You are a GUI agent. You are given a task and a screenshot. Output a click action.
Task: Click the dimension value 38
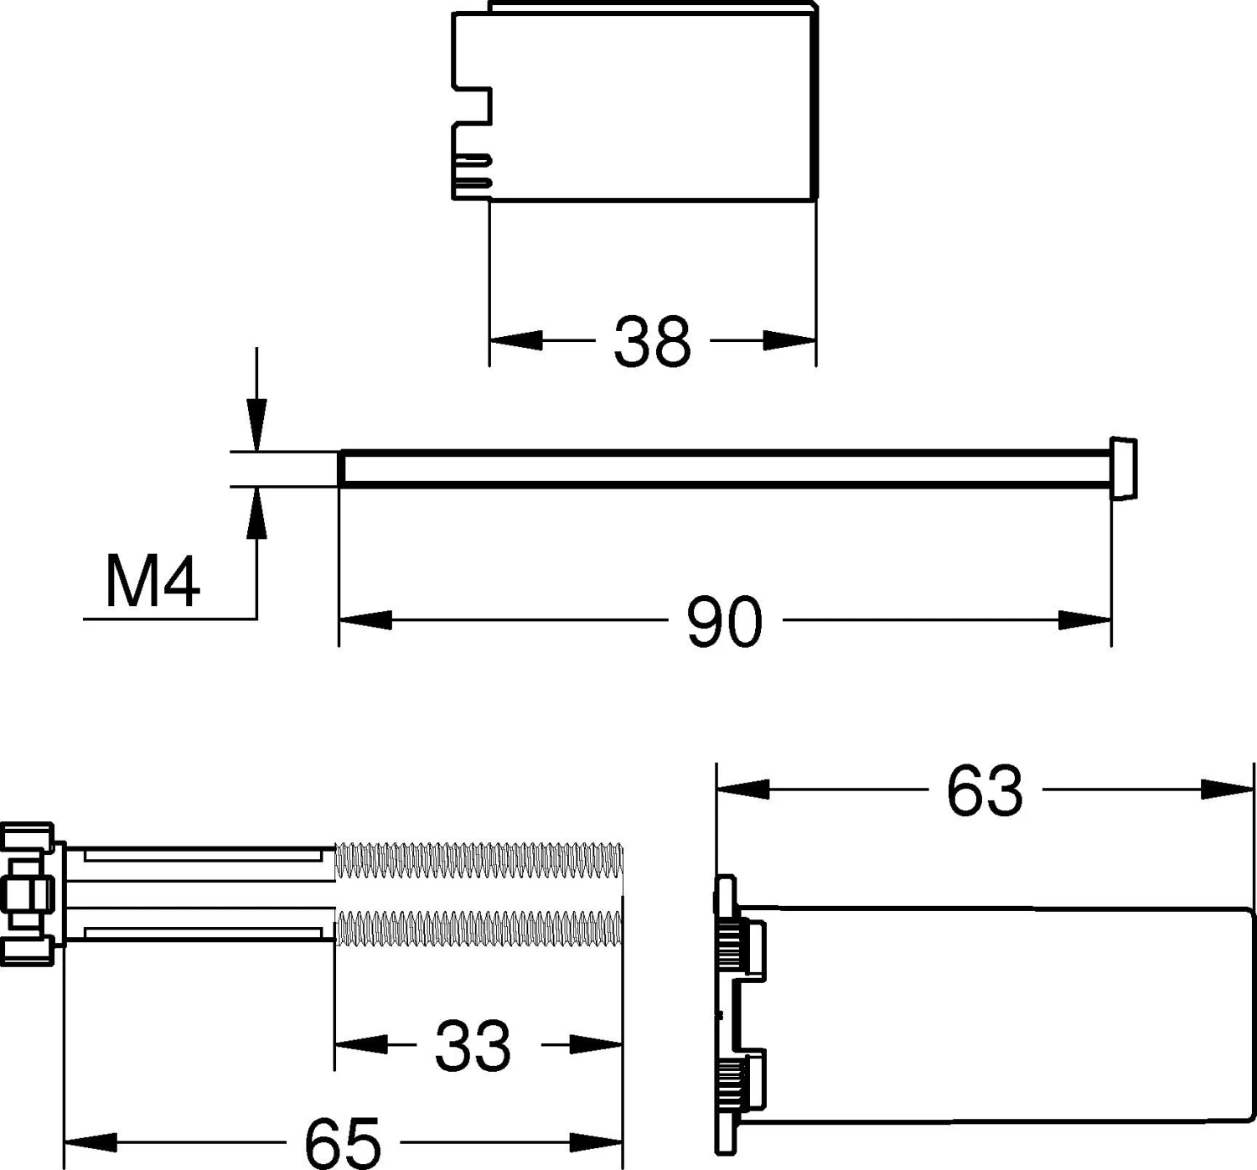coord(652,342)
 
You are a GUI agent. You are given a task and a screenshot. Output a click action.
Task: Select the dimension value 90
coord(725,621)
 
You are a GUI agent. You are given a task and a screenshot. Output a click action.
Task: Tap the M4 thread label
coord(153,581)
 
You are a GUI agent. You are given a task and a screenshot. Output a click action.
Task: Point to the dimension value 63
coord(985,791)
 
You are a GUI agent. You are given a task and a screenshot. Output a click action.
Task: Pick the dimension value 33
coord(473,1045)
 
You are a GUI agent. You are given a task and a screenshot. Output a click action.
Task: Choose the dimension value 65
coord(343,1143)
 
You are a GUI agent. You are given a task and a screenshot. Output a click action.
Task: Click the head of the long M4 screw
coord(1124,469)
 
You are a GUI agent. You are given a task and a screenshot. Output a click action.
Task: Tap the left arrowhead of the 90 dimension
coord(365,620)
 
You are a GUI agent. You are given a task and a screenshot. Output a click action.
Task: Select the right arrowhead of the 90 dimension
coord(1085,620)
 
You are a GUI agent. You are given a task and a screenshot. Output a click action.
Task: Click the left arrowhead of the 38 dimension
coord(516,340)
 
